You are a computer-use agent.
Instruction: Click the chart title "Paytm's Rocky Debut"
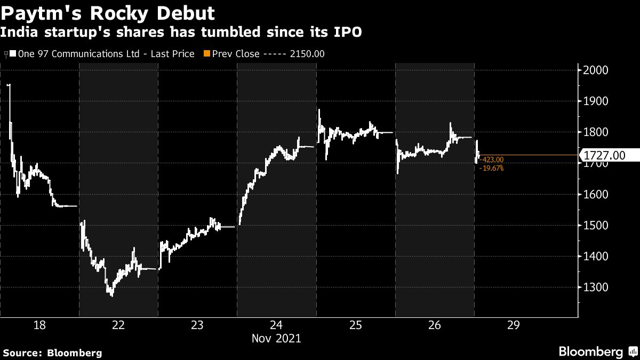tap(109, 12)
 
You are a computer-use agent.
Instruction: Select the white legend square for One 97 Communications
tap(13, 54)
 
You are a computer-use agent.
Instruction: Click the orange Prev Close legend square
tap(206, 54)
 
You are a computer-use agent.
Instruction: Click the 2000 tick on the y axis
tap(597, 70)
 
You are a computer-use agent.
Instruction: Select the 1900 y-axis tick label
tap(597, 101)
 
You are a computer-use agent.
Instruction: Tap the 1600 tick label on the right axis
tap(597, 195)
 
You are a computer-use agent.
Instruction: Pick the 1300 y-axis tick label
tap(597, 287)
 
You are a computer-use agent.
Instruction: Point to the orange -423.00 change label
tap(491, 159)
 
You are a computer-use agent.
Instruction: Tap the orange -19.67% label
tap(491, 169)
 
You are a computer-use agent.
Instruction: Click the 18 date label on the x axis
tap(39, 325)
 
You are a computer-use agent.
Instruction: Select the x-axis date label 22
tap(118, 325)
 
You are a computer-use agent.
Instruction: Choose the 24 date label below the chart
tap(276, 325)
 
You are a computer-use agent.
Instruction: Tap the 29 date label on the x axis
tap(513, 325)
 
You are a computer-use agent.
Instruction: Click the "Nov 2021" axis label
tap(276, 338)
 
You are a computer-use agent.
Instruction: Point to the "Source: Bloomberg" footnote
tap(52, 353)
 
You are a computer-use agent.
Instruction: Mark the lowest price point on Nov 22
tap(111, 295)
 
